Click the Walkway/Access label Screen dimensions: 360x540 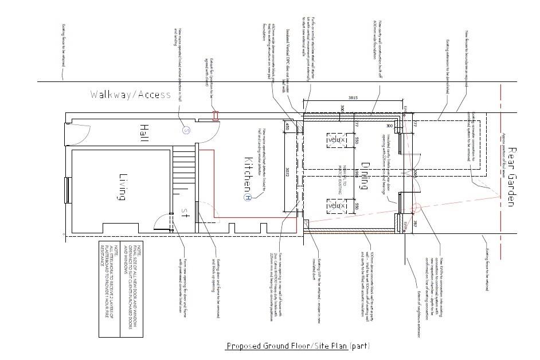click(x=131, y=95)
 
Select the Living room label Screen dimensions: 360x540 click(x=122, y=187)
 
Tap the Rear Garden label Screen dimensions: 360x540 click(x=512, y=174)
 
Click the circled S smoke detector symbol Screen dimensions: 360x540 click(x=186, y=130)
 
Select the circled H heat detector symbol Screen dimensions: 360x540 click(x=248, y=197)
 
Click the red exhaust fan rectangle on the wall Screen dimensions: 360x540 click(x=216, y=116)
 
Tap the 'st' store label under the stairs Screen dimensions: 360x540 click(x=185, y=213)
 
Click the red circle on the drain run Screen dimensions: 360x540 click(x=416, y=209)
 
